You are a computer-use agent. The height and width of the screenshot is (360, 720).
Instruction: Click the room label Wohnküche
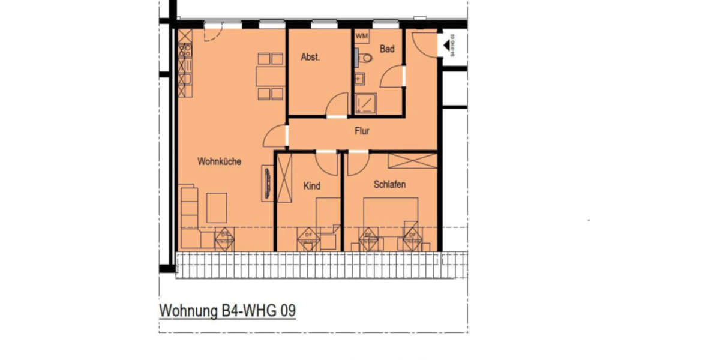click(x=219, y=161)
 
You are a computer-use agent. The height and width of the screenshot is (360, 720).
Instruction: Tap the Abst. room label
click(x=310, y=58)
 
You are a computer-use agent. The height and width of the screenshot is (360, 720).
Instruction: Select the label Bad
click(x=387, y=49)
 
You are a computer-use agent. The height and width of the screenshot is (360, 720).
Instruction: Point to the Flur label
click(x=361, y=131)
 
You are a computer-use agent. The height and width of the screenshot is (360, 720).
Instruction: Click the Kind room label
click(x=311, y=187)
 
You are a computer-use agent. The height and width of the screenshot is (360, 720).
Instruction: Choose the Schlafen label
click(x=389, y=185)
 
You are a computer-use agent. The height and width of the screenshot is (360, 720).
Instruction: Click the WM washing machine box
click(x=361, y=37)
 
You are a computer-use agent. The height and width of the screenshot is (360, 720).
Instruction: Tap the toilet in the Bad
click(x=365, y=58)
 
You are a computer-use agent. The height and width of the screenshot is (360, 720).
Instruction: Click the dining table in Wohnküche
click(x=269, y=77)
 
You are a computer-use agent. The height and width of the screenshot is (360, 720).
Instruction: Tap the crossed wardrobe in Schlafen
click(x=412, y=161)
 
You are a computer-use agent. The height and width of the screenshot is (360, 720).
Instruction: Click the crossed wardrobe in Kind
click(x=283, y=176)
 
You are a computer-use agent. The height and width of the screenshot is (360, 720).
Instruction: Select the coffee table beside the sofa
click(x=217, y=208)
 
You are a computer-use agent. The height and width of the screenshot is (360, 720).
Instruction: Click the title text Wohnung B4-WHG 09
click(x=227, y=311)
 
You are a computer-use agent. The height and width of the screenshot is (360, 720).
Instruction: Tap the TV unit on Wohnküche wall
click(x=266, y=184)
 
